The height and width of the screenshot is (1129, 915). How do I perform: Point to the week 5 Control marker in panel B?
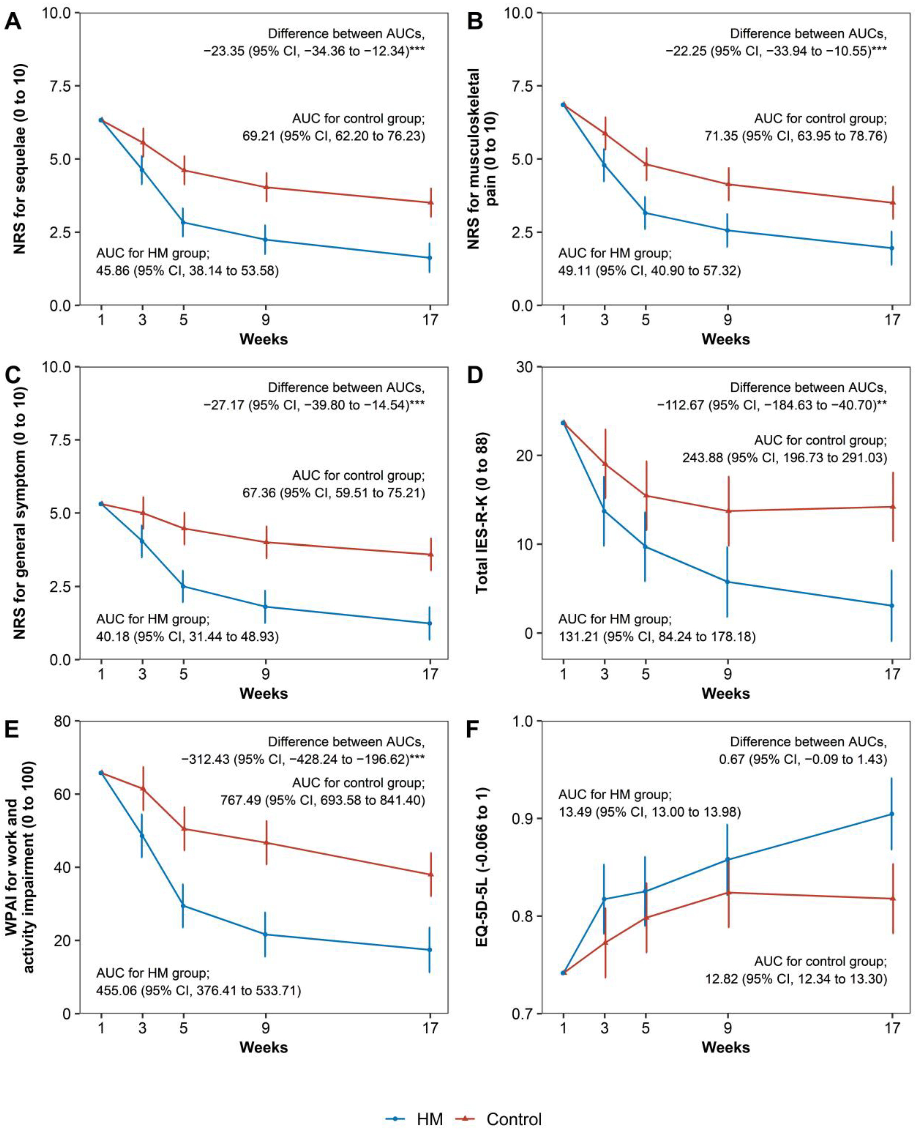pyautogui.click(x=645, y=164)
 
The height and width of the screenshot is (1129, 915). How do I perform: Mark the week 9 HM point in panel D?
pyautogui.click(x=727, y=582)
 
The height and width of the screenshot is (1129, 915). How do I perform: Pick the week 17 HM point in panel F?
pyautogui.click(x=892, y=814)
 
